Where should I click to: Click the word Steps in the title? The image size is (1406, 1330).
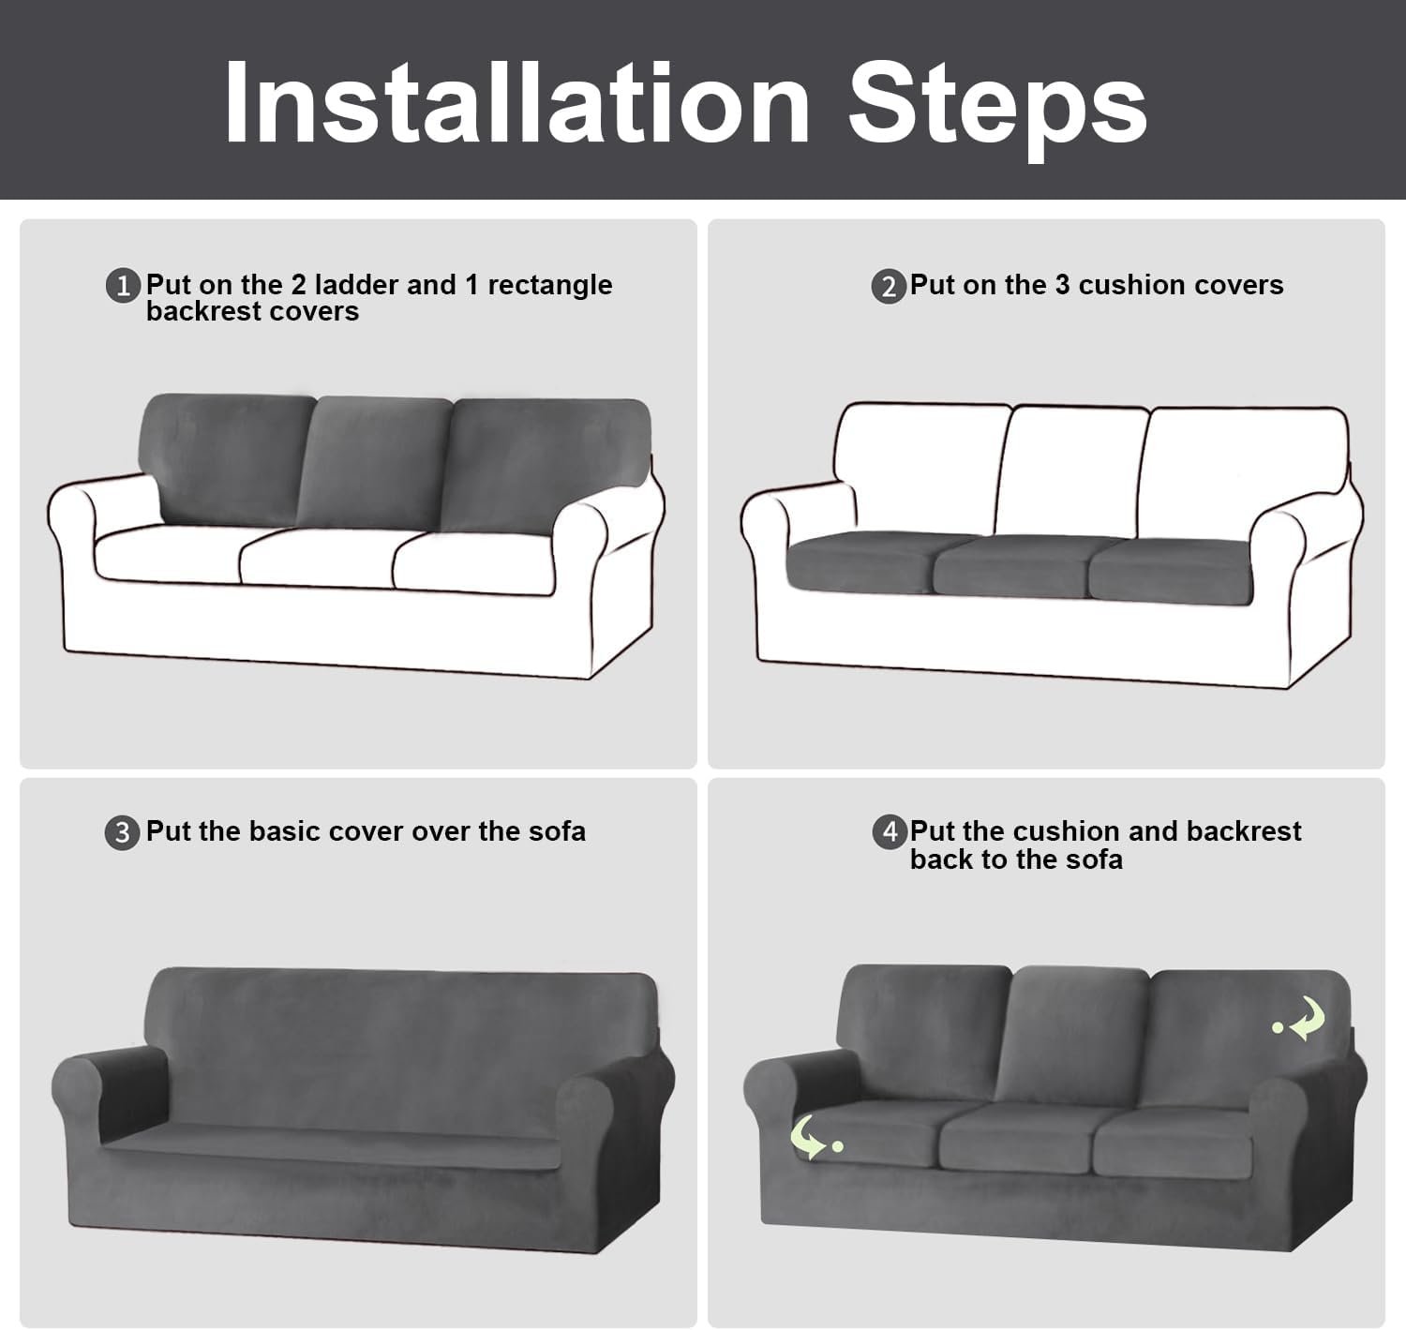(x=997, y=110)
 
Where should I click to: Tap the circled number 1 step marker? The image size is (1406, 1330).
(x=123, y=285)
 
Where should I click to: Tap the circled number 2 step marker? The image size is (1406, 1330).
(x=889, y=287)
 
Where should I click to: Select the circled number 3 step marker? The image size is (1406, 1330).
(x=122, y=832)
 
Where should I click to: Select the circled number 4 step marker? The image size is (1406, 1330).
(x=890, y=831)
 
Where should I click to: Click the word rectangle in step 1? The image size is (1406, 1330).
(x=550, y=286)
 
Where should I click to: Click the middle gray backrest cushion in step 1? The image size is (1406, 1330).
(x=373, y=463)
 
